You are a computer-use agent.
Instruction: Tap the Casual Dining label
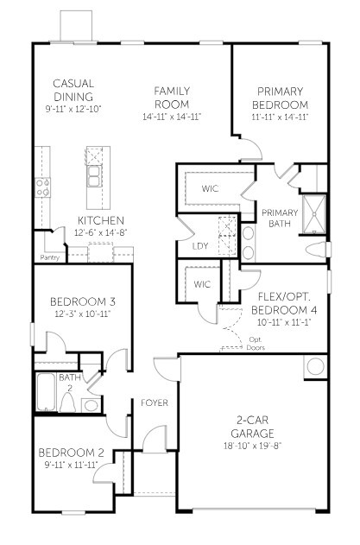(73, 91)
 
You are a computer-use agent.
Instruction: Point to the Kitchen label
(101, 220)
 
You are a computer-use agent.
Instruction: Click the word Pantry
(50, 257)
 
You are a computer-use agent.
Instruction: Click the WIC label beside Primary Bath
(210, 188)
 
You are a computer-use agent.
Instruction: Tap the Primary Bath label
(279, 219)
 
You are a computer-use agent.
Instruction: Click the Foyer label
(155, 402)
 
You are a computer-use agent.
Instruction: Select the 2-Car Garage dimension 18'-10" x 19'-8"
(253, 446)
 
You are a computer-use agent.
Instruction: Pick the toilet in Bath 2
(90, 404)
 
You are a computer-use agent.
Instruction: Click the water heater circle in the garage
(314, 366)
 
